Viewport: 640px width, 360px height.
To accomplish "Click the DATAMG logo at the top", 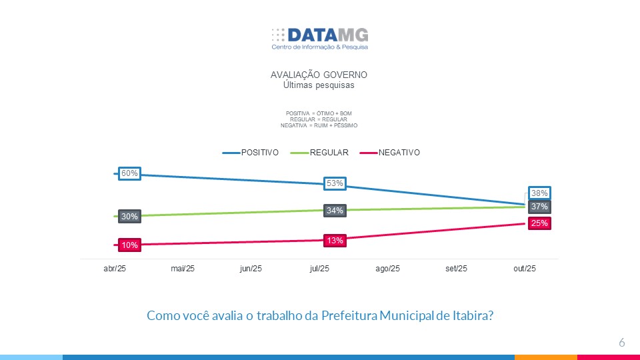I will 319,37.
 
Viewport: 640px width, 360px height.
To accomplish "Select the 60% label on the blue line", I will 129,173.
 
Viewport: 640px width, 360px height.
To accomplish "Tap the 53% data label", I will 335,183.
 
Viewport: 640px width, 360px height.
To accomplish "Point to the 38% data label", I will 539,193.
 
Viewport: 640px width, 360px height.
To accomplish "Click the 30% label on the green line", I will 129,216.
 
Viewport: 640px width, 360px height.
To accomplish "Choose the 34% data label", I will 335,211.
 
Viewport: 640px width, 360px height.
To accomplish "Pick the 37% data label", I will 539,207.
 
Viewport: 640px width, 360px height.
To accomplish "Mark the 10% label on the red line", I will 129,245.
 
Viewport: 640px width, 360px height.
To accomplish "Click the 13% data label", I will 335,240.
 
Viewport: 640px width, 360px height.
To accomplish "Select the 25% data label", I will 539,223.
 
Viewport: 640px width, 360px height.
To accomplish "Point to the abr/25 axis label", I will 115,269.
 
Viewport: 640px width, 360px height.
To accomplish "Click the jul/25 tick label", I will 319,269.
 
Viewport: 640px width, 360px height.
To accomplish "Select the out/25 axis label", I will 525,269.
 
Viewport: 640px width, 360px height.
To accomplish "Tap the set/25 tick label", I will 456,269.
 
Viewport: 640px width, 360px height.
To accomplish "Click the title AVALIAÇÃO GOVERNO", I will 319,75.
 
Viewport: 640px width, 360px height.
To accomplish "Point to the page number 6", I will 621,343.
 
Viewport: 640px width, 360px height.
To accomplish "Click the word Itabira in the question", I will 471,315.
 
